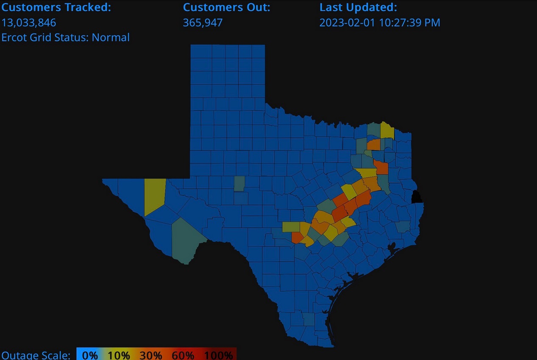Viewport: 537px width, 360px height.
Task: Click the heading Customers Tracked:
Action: (56, 7)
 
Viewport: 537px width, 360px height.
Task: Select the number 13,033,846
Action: (29, 22)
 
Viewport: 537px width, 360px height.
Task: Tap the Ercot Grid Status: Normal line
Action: (66, 37)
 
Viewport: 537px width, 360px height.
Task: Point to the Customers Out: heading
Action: (226, 7)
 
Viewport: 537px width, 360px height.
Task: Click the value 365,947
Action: (203, 22)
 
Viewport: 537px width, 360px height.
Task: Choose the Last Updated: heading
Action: (358, 7)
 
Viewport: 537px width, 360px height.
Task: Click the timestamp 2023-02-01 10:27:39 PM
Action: (380, 22)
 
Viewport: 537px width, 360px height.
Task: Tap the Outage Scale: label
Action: (36, 355)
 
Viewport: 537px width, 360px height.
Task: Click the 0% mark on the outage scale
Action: (90, 355)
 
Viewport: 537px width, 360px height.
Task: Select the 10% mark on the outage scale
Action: (119, 355)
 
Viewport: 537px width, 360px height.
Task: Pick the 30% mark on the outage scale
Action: (151, 355)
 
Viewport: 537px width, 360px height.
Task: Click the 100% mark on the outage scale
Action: (218, 355)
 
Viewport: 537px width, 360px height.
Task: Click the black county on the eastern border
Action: (417, 197)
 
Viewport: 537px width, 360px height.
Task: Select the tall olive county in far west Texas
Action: (155, 196)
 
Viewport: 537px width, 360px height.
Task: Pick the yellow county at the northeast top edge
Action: (387, 130)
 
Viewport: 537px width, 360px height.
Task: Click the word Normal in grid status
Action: (111, 37)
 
